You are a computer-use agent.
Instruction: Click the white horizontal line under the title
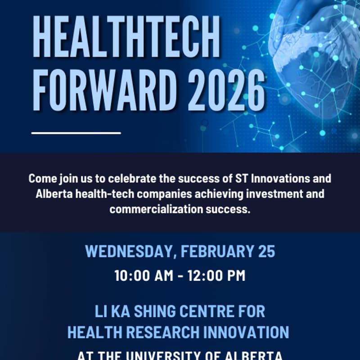pyautogui.click(x=76, y=133)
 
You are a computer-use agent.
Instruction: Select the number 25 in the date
pyautogui.click(x=266, y=251)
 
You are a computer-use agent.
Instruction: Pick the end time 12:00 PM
pyautogui.click(x=217, y=275)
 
